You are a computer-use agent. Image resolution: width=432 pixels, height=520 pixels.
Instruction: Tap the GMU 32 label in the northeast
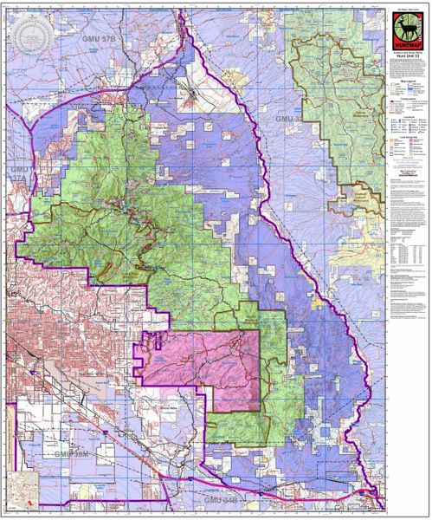[x=289, y=118]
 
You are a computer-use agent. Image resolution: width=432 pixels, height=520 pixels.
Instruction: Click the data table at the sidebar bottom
[x=406, y=256]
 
